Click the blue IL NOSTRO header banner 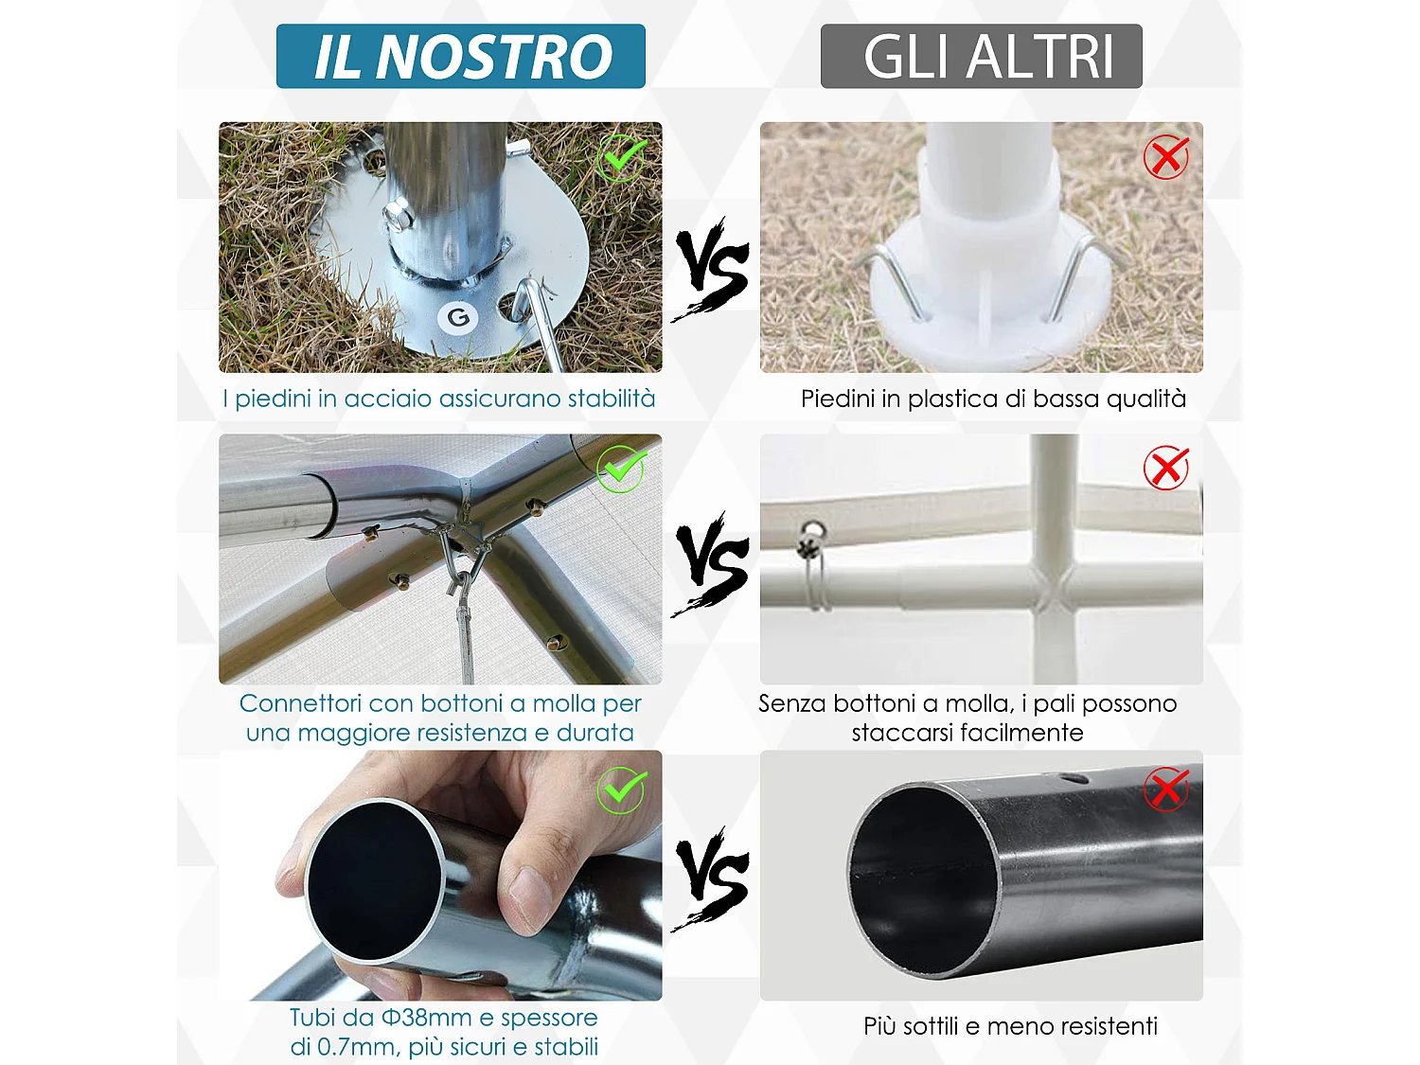pyautogui.click(x=461, y=57)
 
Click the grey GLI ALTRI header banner pyautogui.click(x=981, y=57)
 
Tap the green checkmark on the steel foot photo pyautogui.click(x=622, y=157)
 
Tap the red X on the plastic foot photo pyautogui.click(x=1165, y=157)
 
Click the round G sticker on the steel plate pyautogui.click(x=458, y=317)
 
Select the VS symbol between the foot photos pyautogui.click(x=712, y=268)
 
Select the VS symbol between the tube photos pyautogui.click(x=712, y=878)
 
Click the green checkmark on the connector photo pyautogui.click(x=622, y=469)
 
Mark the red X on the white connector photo pyautogui.click(x=1165, y=468)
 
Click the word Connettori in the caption pyautogui.click(x=300, y=703)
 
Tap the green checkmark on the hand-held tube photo pyautogui.click(x=622, y=790)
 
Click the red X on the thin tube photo pyautogui.click(x=1165, y=789)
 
